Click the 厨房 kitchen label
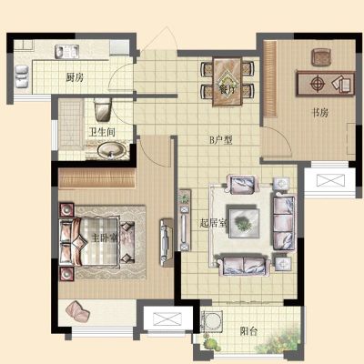tap(75, 78)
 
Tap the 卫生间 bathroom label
tap(102, 132)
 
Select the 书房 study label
tap(320, 113)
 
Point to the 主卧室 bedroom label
tap(105, 238)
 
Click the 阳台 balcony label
tap(248, 331)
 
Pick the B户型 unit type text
tap(221, 140)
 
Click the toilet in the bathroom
tap(103, 109)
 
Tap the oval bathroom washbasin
tap(111, 150)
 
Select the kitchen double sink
tap(66, 52)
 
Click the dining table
tap(227, 81)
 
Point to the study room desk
tap(326, 83)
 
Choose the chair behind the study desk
tap(321, 57)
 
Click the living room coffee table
tap(244, 221)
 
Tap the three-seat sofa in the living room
tap(284, 223)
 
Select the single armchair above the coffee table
tap(242, 185)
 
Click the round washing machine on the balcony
tap(214, 321)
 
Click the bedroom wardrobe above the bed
tap(96, 177)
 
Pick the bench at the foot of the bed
tap(127, 243)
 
